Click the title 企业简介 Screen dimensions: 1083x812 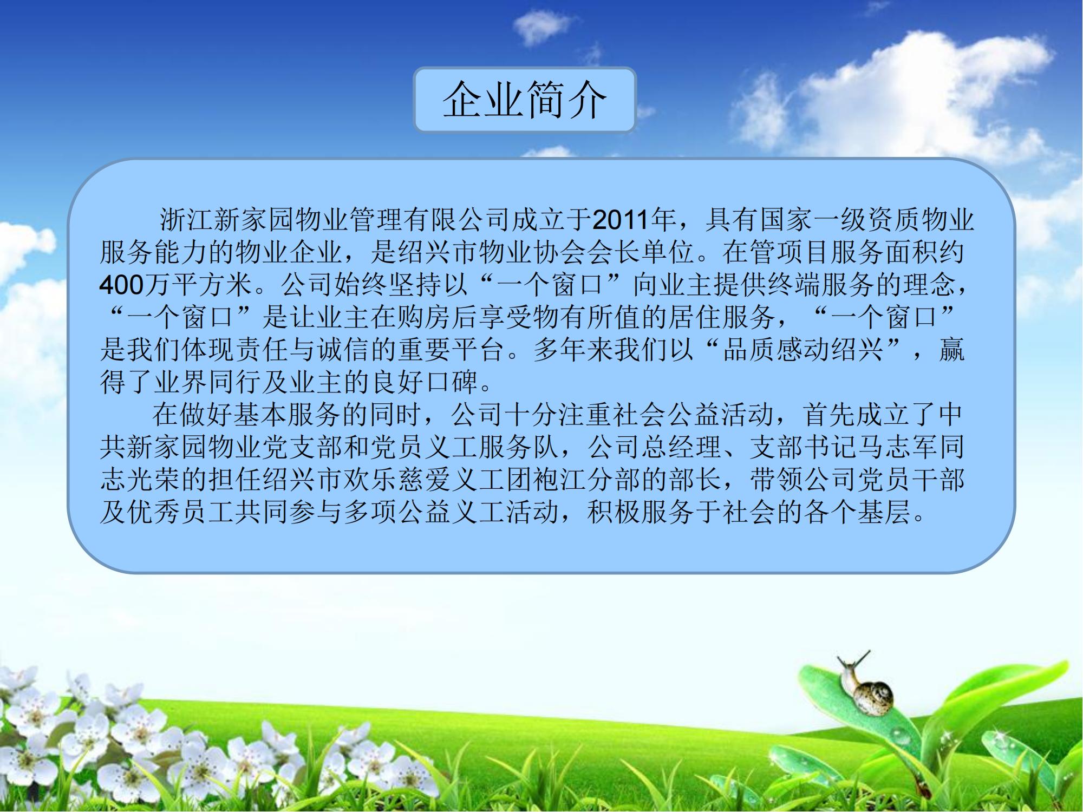pyautogui.click(x=524, y=100)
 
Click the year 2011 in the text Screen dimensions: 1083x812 pyautogui.click(x=620, y=220)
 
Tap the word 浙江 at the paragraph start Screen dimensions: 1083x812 pyautogui.click(x=186, y=220)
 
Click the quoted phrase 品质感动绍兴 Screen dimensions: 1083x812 pyautogui.click(x=803, y=350)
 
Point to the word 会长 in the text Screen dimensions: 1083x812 pyautogui.click(x=614, y=253)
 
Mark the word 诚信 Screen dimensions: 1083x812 pyautogui.click(x=344, y=350)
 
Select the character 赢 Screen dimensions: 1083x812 pyautogui.click(x=951, y=350)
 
